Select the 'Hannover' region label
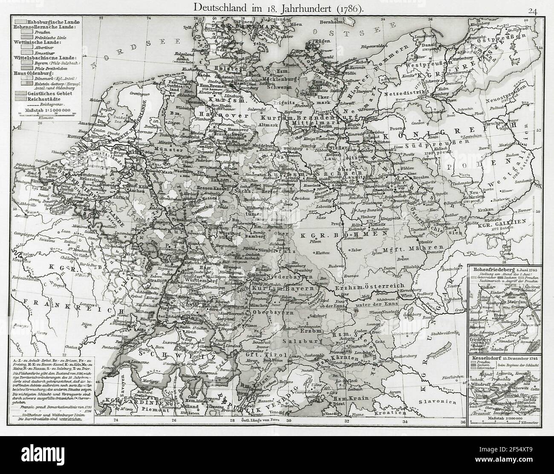coord(213,116)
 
